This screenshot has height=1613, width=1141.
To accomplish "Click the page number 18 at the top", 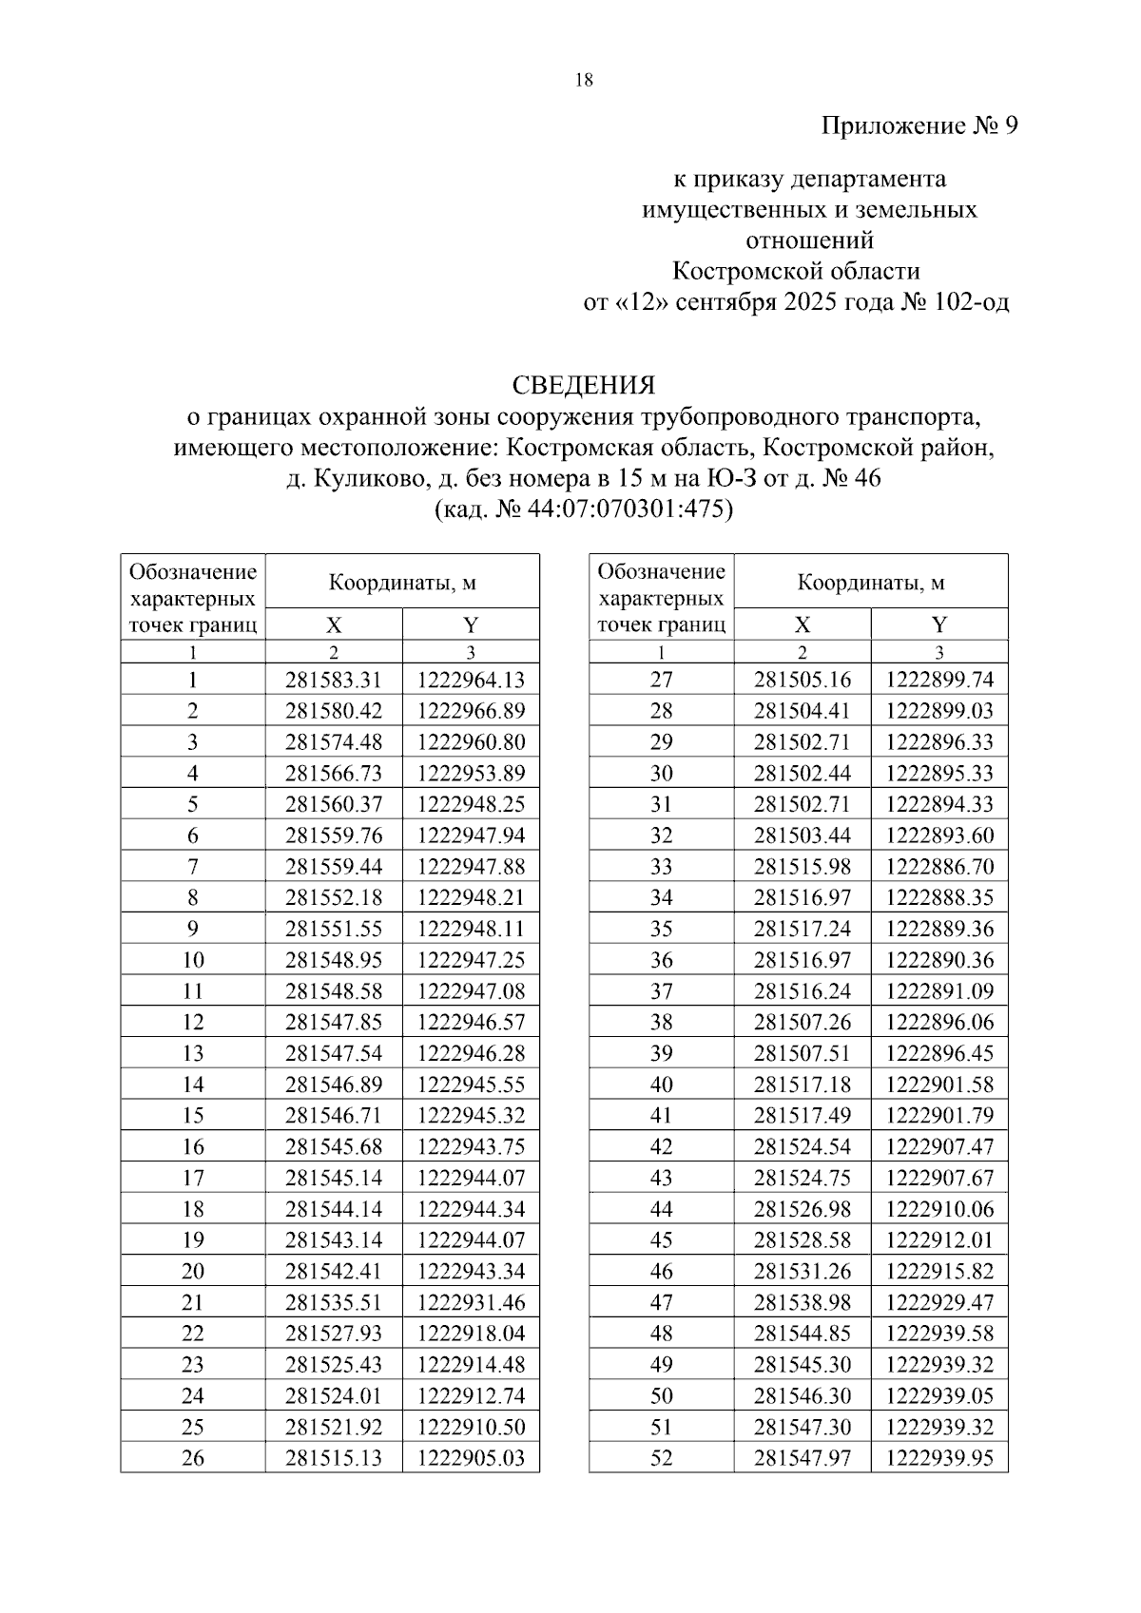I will click(x=584, y=81).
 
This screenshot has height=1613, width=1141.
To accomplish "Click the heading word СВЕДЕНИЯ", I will click(x=584, y=385).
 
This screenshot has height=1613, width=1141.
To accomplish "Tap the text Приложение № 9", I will click(x=919, y=126).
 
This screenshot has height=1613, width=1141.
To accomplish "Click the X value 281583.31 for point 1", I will click(x=334, y=680).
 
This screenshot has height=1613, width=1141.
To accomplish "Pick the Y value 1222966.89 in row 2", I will click(x=471, y=711).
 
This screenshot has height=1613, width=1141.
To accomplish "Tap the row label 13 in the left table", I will click(x=193, y=1053).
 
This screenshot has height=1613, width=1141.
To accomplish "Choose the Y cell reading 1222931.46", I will click(x=471, y=1302).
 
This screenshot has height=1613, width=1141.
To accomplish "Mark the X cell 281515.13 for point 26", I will click(x=334, y=1458).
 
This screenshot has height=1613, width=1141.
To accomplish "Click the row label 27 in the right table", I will click(x=661, y=680).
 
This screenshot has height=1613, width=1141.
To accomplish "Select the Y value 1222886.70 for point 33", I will click(x=939, y=867).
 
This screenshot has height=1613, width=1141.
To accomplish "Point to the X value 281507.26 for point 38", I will click(x=803, y=1023).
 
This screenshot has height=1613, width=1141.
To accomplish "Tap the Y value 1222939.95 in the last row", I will click(x=939, y=1458).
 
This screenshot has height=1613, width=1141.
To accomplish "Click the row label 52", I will click(x=661, y=1458).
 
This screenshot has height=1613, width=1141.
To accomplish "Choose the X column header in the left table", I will click(x=334, y=624).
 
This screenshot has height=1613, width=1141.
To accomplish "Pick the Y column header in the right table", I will click(x=939, y=624).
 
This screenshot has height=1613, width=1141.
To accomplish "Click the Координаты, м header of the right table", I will click(x=871, y=583).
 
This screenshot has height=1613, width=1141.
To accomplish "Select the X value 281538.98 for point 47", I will click(x=803, y=1302).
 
